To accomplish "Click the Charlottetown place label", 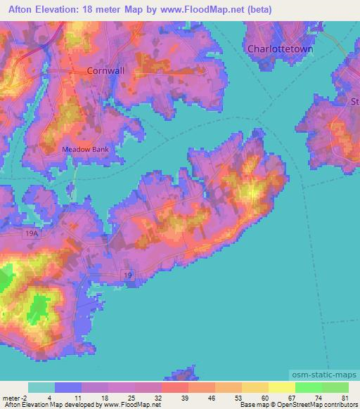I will [x=280, y=49].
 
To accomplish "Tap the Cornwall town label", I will [x=105, y=71].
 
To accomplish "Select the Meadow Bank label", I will [x=86, y=150].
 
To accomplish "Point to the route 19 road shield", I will [x=127, y=275].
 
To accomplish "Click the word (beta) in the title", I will [x=257, y=10].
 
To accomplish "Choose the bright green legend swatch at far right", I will [x=335, y=387].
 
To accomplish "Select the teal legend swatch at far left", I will [x=41, y=387].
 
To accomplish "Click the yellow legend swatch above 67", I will [x=281, y=387].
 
